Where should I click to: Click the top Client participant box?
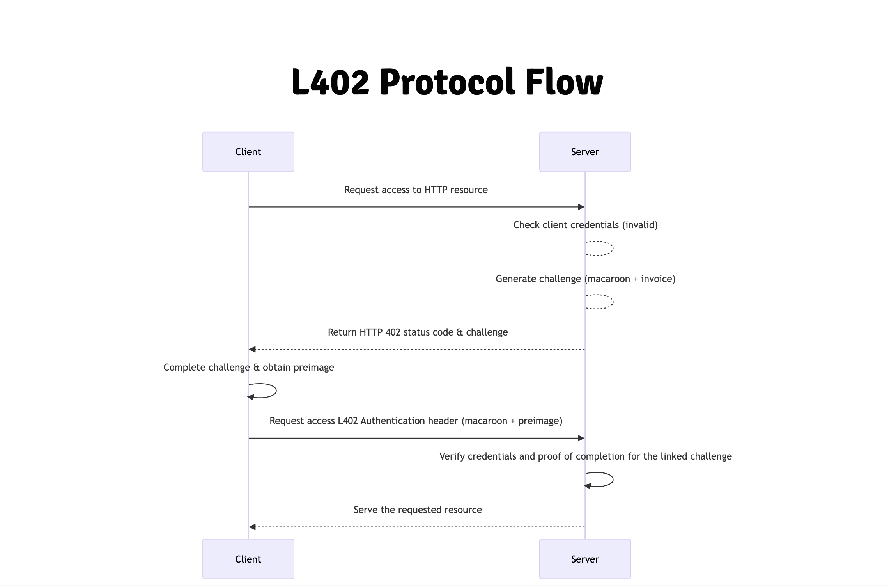(248, 152)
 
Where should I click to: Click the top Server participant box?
(585, 152)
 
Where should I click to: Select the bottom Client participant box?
(248, 559)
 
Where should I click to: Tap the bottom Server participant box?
(585, 559)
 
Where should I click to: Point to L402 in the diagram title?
(330, 82)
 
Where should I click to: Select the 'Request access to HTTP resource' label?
(416, 190)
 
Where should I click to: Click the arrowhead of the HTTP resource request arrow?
(581, 207)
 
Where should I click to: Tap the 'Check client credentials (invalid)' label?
(585, 225)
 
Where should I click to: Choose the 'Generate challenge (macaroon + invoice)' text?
(585, 279)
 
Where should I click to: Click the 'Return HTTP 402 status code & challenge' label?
(418, 332)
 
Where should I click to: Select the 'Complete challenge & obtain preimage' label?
(248, 368)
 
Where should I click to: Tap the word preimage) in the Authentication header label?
(540, 421)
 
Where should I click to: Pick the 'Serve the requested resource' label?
(418, 510)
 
